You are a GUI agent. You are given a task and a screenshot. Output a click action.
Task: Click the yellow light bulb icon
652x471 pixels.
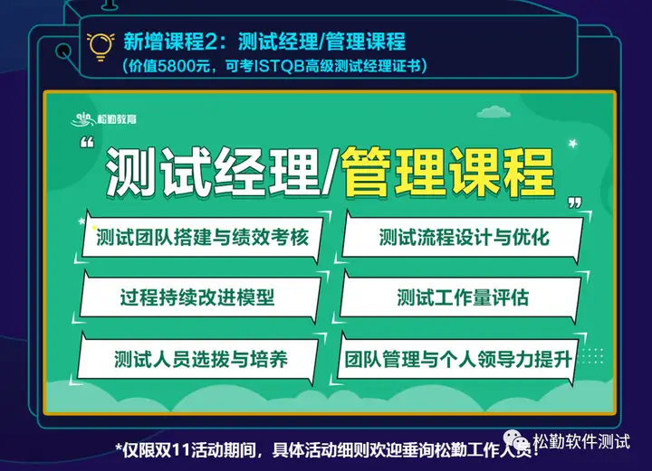[101, 46]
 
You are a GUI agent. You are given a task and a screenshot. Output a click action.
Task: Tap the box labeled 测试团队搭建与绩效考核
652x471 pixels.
[203, 238]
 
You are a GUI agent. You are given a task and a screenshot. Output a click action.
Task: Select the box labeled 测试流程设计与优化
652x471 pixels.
[463, 238]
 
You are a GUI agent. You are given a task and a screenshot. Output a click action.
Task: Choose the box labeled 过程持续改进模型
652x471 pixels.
[199, 297]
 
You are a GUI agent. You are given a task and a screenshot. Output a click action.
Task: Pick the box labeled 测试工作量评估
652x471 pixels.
[460, 297]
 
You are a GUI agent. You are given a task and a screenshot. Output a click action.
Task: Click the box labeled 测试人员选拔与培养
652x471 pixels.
[197, 359]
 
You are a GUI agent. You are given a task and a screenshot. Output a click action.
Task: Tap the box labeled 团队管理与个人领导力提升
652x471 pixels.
[458, 359]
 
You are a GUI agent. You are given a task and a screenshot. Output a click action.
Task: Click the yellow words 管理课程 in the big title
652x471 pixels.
[447, 172]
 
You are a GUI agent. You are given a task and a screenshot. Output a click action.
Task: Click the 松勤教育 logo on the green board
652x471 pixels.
[103, 119]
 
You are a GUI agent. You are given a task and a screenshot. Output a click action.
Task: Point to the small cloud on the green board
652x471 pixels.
[494, 111]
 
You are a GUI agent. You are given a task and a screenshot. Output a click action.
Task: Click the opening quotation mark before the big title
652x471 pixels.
[87, 143]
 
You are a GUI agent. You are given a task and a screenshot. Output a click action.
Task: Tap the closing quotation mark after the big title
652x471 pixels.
[575, 203]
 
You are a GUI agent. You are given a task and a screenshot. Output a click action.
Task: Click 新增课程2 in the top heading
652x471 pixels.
[169, 42]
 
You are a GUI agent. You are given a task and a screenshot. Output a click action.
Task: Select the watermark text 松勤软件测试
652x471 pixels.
[581, 440]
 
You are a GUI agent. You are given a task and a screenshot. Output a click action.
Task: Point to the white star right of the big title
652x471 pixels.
[573, 144]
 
